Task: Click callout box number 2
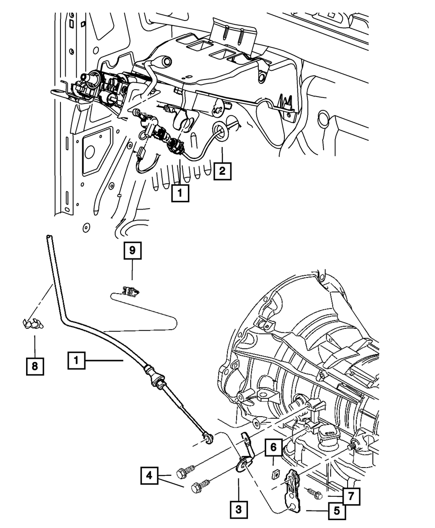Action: pos(222,171)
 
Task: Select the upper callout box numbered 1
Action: pos(180,193)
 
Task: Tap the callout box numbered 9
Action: pos(133,251)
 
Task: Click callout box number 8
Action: pos(35,366)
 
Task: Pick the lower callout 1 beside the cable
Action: pos(77,361)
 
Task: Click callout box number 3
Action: pos(239,510)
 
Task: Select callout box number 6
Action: pos(273,448)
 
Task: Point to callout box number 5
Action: pos(337,511)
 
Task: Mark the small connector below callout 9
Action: pos(131,291)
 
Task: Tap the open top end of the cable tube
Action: pos(49,237)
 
